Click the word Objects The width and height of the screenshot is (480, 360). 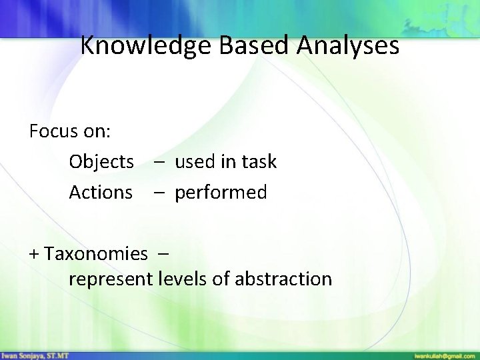(101, 162)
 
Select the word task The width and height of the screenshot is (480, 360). (259, 162)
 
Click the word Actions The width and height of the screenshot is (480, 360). (101, 193)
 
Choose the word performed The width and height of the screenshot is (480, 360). (221, 193)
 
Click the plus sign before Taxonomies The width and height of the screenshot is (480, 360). (35, 254)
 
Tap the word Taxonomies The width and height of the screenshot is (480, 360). (97, 254)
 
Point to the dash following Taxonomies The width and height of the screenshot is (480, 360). (164, 254)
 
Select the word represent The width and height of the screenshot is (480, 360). (111, 279)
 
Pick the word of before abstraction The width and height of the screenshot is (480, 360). (221, 279)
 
